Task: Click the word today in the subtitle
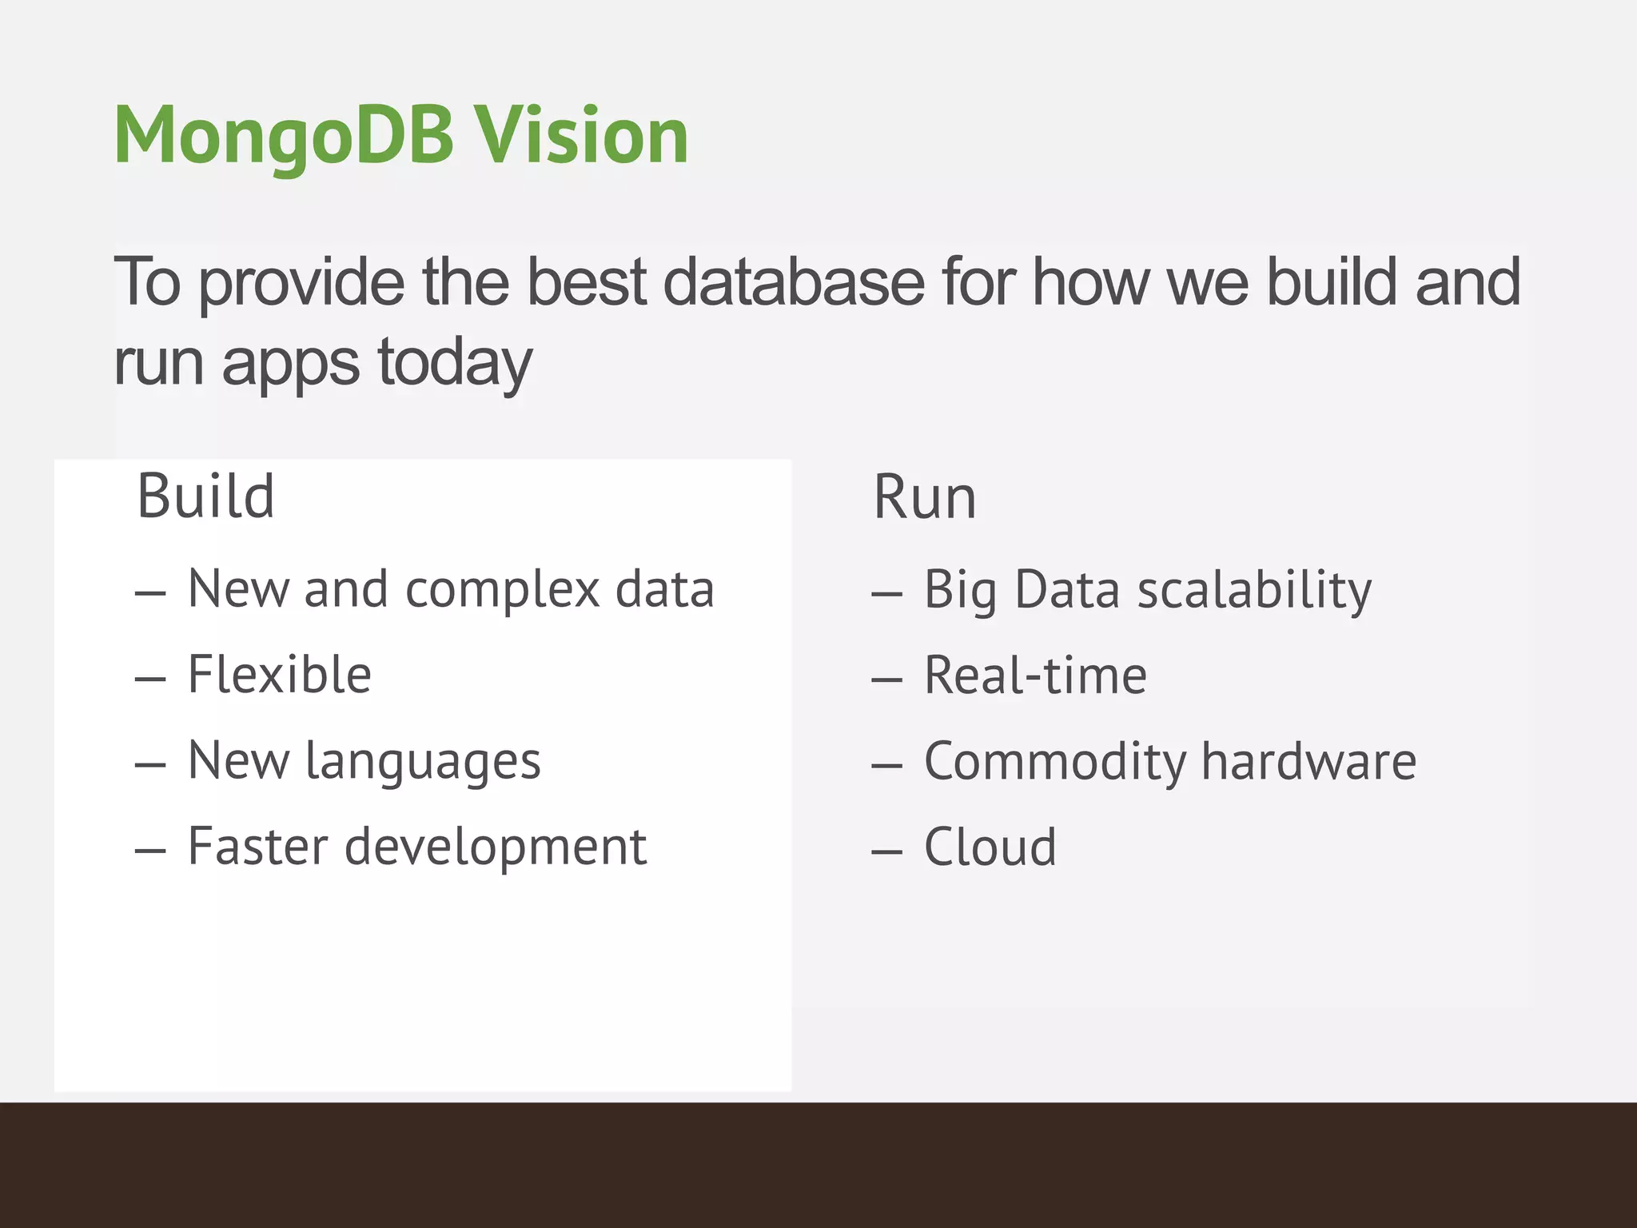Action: (x=454, y=364)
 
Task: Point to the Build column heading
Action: (x=205, y=496)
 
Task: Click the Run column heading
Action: (x=924, y=497)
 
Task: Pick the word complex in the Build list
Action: (x=503, y=590)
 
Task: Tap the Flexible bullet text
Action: (x=279, y=675)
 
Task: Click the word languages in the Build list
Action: (x=424, y=761)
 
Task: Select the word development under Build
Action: (x=495, y=847)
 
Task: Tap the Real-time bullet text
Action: (x=1035, y=676)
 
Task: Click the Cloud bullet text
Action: (x=990, y=847)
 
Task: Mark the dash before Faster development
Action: (x=150, y=851)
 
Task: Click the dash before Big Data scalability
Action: (x=886, y=594)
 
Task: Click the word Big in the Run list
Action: (x=960, y=590)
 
